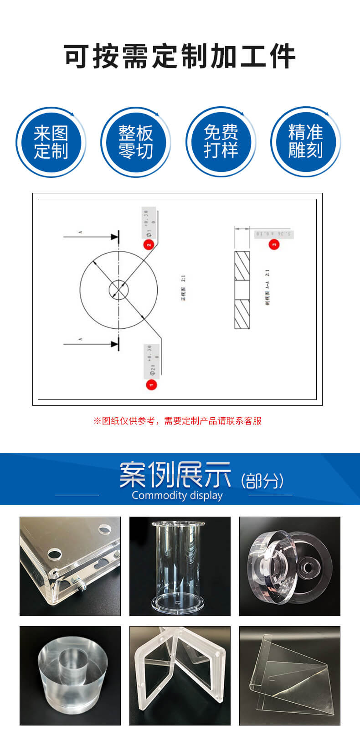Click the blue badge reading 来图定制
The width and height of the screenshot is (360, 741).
51,142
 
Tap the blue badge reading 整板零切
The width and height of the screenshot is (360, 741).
135,142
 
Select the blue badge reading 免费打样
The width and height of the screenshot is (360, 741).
221,142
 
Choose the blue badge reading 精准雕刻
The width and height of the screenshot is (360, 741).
305,142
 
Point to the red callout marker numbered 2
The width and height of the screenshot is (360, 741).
149,244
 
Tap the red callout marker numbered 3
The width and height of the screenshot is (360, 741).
273,244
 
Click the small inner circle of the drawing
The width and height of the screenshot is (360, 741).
118,290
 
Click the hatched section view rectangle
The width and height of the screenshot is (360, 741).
242,290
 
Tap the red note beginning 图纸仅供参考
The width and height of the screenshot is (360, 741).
178,421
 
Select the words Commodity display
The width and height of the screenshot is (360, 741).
177,496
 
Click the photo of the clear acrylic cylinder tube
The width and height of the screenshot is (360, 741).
180,566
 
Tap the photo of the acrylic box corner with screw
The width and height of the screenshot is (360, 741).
70,566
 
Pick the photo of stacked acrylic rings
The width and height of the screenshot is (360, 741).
290,566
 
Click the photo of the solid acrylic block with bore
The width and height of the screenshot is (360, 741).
70,675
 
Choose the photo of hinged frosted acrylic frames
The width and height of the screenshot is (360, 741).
180,675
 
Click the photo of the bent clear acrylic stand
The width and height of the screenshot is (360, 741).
290,675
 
